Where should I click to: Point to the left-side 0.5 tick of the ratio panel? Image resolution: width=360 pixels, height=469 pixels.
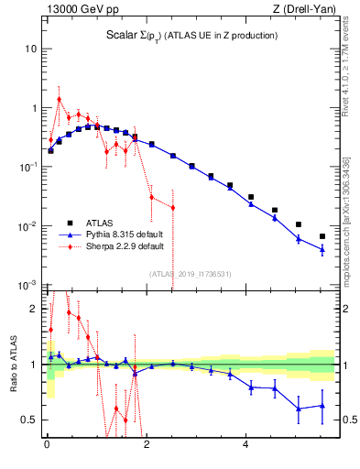click(31, 420)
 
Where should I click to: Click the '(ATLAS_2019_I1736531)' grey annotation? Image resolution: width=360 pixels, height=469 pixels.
click(191, 274)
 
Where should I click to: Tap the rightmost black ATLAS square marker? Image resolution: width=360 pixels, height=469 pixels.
click(322, 236)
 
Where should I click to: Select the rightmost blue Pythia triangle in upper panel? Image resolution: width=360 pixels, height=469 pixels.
click(322, 249)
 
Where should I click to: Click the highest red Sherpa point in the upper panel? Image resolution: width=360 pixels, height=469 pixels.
click(60, 99)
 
